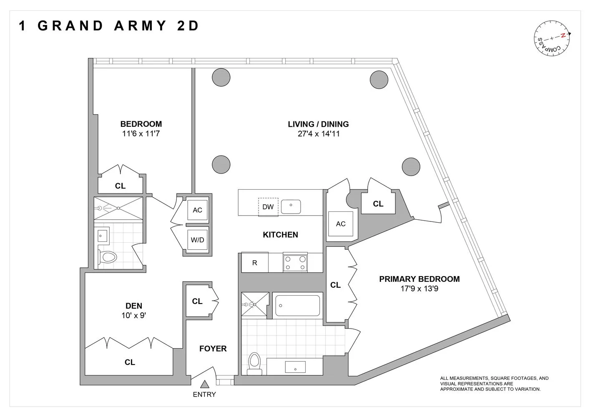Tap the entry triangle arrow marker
(x=204, y=384)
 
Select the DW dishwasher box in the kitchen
(x=268, y=207)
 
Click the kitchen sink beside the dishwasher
(x=291, y=206)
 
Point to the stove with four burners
(x=295, y=262)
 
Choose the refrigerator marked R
(x=255, y=263)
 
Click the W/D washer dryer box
(x=197, y=240)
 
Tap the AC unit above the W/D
(x=197, y=210)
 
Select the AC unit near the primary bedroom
(x=341, y=224)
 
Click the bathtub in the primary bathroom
(x=298, y=306)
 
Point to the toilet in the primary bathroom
(x=254, y=362)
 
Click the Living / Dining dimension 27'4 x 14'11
(x=318, y=134)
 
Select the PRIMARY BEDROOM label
(x=419, y=279)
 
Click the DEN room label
(x=134, y=306)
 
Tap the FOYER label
(x=213, y=349)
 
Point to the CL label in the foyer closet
(x=197, y=301)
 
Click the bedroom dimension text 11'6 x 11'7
(x=141, y=134)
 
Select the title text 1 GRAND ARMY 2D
(x=109, y=26)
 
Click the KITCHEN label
(x=280, y=235)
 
